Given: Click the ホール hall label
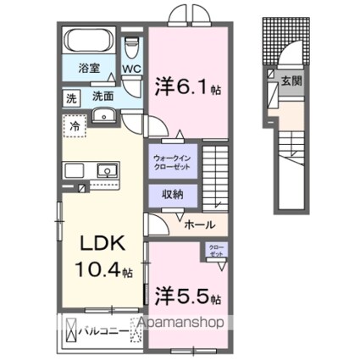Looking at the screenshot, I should pos(198,224).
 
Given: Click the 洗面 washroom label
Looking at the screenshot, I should pos(103,97).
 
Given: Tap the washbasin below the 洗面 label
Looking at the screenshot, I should pos(106,116).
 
